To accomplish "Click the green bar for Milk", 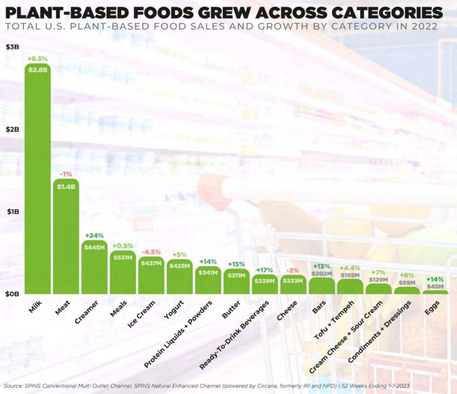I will (x=38, y=183).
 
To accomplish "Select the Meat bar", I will (x=66, y=238).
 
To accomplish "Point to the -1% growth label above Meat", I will (x=66, y=174).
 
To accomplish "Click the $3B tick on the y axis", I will (x=12, y=47).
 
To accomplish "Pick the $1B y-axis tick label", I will (x=12, y=212).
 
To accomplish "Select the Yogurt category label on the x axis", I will (x=173, y=311).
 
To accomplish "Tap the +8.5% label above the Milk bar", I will (x=38, y=59).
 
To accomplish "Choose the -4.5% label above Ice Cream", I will (x=151, y=252).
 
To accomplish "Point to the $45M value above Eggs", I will (x=435, y=287).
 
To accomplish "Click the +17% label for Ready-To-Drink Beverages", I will (x=264, y=270).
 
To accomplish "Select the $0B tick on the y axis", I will (x=12, y=294).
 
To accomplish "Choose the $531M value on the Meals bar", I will (x=123, y=258).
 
